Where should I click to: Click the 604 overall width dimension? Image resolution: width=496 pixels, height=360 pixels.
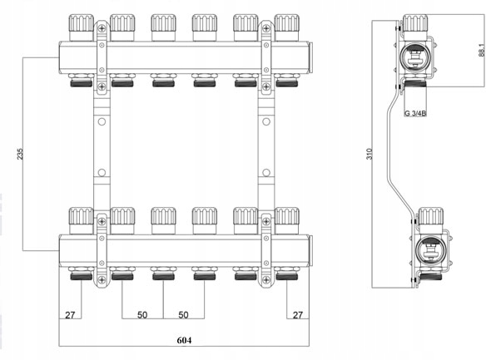[184, 340]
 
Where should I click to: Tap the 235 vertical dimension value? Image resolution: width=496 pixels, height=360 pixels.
[20, 154]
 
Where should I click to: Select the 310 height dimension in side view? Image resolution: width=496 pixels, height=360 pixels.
[370, 154]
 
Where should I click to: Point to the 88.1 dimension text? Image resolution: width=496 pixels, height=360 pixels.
[482, 50]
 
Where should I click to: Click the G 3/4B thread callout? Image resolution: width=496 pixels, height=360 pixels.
[415, 113]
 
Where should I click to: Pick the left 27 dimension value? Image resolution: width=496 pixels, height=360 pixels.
[70, 315]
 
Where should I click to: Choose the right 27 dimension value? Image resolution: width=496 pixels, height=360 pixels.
[298, 315]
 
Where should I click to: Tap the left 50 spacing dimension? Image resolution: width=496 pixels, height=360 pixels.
[142, 315]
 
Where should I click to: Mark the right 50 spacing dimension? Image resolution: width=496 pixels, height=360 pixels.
[183, 315]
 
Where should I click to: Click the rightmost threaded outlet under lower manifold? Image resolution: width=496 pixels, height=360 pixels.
[287, 274]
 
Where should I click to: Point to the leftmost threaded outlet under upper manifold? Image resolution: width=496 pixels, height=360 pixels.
[82, 81]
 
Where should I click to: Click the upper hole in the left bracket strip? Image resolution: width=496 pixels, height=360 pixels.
[102, 121]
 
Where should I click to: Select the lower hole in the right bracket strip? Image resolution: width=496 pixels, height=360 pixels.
[266, 173]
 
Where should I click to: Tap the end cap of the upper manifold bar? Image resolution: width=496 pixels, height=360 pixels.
[310, 57]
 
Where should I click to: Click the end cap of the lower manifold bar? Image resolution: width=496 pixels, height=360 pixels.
[310, 250]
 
